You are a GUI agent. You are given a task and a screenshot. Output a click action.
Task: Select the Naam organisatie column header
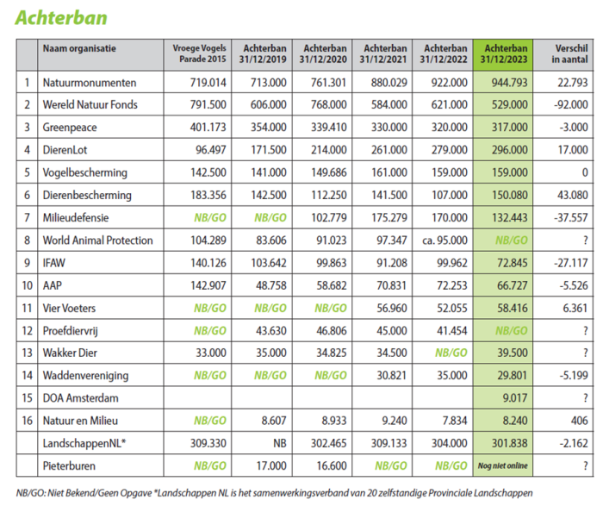coord(78,49)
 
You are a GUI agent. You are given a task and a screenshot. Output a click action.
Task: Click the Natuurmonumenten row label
coord(89,83)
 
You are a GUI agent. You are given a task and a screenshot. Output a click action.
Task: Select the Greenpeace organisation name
coord(70,128)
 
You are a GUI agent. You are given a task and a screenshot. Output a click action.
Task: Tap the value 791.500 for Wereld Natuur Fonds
coord(204,105)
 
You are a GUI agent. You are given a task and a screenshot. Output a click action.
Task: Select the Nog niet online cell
coord(502,465)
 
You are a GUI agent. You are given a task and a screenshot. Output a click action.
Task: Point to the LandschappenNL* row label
coord(85,442)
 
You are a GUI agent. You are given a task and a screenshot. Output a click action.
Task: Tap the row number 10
coord(28,285)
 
